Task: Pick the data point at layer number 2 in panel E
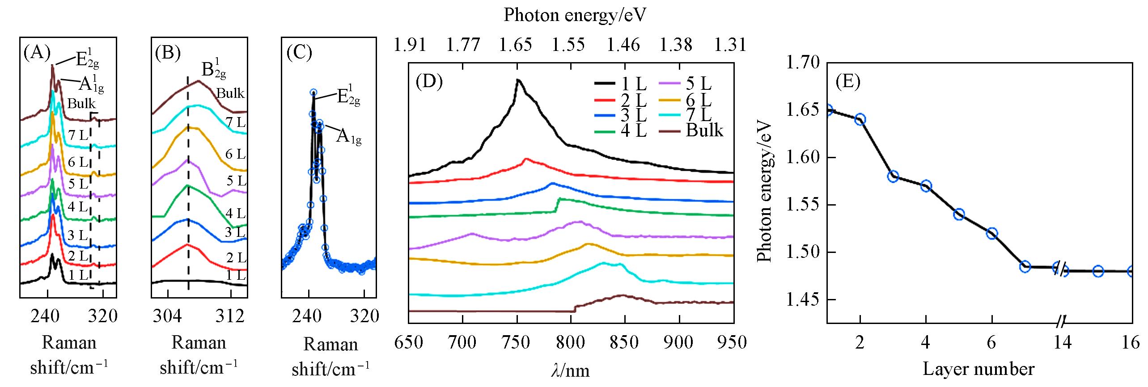point(860,119)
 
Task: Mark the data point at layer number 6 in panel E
point(992,233)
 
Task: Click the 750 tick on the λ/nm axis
point(517,342)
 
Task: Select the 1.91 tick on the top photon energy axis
point(409,45)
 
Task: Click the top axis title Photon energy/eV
point(575,15)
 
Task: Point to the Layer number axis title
point(979,369)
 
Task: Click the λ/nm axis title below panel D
point(570,370)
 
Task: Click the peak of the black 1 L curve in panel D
point(518,81)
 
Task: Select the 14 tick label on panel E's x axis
point(1062,342)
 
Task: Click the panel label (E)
point(848,83)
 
